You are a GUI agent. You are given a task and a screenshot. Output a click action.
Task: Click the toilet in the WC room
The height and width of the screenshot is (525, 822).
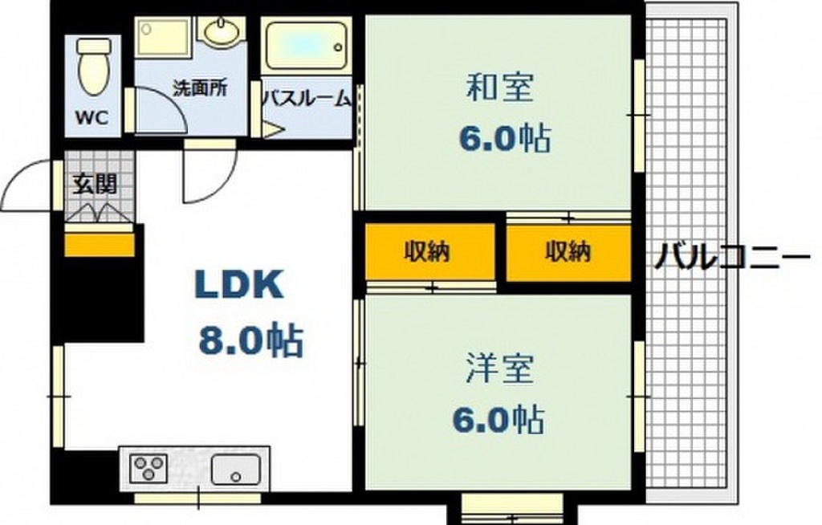click(x=95, y=67)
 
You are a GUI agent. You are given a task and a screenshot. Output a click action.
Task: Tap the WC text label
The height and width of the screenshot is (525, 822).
click(x=92, y=117)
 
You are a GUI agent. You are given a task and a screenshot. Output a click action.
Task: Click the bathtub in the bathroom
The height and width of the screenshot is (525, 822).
click(x=304, y=44)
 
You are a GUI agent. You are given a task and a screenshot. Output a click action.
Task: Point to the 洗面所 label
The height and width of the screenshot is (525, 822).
click(x=200, y=88)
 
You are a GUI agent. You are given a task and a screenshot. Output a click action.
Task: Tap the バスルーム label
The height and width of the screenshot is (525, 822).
click(x=307, y=99)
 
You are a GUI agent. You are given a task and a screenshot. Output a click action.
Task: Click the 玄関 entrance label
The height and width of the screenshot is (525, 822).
click(x=95, y=184)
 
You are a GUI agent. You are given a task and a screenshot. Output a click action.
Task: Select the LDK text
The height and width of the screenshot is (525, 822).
click(x=239, y=285)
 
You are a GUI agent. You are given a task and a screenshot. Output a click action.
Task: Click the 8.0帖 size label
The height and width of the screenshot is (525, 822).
click(x=251, y=341)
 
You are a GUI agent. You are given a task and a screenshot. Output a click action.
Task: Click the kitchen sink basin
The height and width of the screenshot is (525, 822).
click(x=236, y=469)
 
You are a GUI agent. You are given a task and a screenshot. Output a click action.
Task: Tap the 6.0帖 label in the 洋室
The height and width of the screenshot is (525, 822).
click(x=498, y=420)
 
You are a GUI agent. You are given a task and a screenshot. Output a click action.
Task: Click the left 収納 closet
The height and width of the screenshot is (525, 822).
click(x=430, y=252)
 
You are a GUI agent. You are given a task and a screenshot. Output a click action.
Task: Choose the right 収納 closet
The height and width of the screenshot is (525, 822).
click(x=569, y=252)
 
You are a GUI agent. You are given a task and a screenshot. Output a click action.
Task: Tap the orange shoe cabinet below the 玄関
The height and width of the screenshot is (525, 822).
click(x=100, y=245)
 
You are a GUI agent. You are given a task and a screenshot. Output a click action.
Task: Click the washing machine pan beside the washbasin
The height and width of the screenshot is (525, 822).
click(x=162, y=37)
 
